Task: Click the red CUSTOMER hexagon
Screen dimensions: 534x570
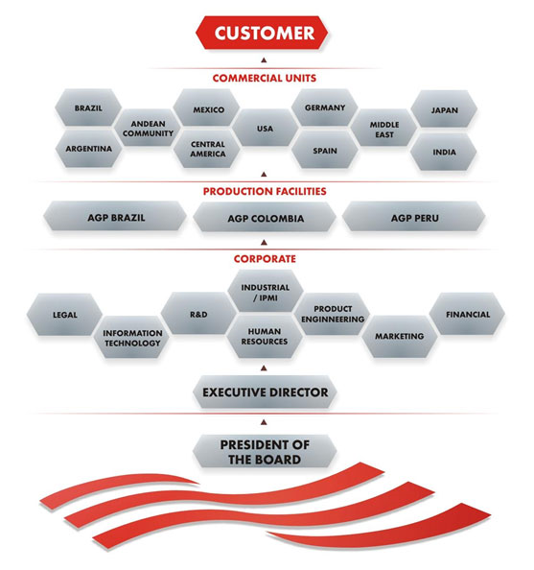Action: (262, 33)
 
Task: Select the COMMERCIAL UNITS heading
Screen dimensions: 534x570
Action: (265, 78)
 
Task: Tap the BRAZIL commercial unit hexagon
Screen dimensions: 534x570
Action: (88, 108)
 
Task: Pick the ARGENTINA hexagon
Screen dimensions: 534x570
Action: (88, 149)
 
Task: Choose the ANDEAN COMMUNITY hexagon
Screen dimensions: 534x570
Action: (148, 128)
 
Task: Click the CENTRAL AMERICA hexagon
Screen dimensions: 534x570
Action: (207, 149)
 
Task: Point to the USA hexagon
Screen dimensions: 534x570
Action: (266, 128)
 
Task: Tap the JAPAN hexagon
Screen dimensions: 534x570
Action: (444, 109)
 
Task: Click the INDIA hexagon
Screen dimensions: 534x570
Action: (444, 152)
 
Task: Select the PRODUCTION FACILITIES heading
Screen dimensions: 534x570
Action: (265, 191)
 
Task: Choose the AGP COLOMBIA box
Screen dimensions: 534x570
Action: (265, 218)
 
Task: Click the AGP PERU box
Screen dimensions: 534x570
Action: (414, 218)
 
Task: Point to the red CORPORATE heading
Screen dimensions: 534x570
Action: (265, 259)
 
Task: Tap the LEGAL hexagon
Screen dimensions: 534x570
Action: (64, 315)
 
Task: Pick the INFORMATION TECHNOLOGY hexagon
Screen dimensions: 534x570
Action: (132, 338)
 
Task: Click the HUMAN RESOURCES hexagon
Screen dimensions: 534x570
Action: (265, 336)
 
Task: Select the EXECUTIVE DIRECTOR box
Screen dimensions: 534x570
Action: (265, 392)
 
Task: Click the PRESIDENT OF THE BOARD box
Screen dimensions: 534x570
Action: (265, 452)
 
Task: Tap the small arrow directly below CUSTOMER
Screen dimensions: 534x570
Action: (264, 60)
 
